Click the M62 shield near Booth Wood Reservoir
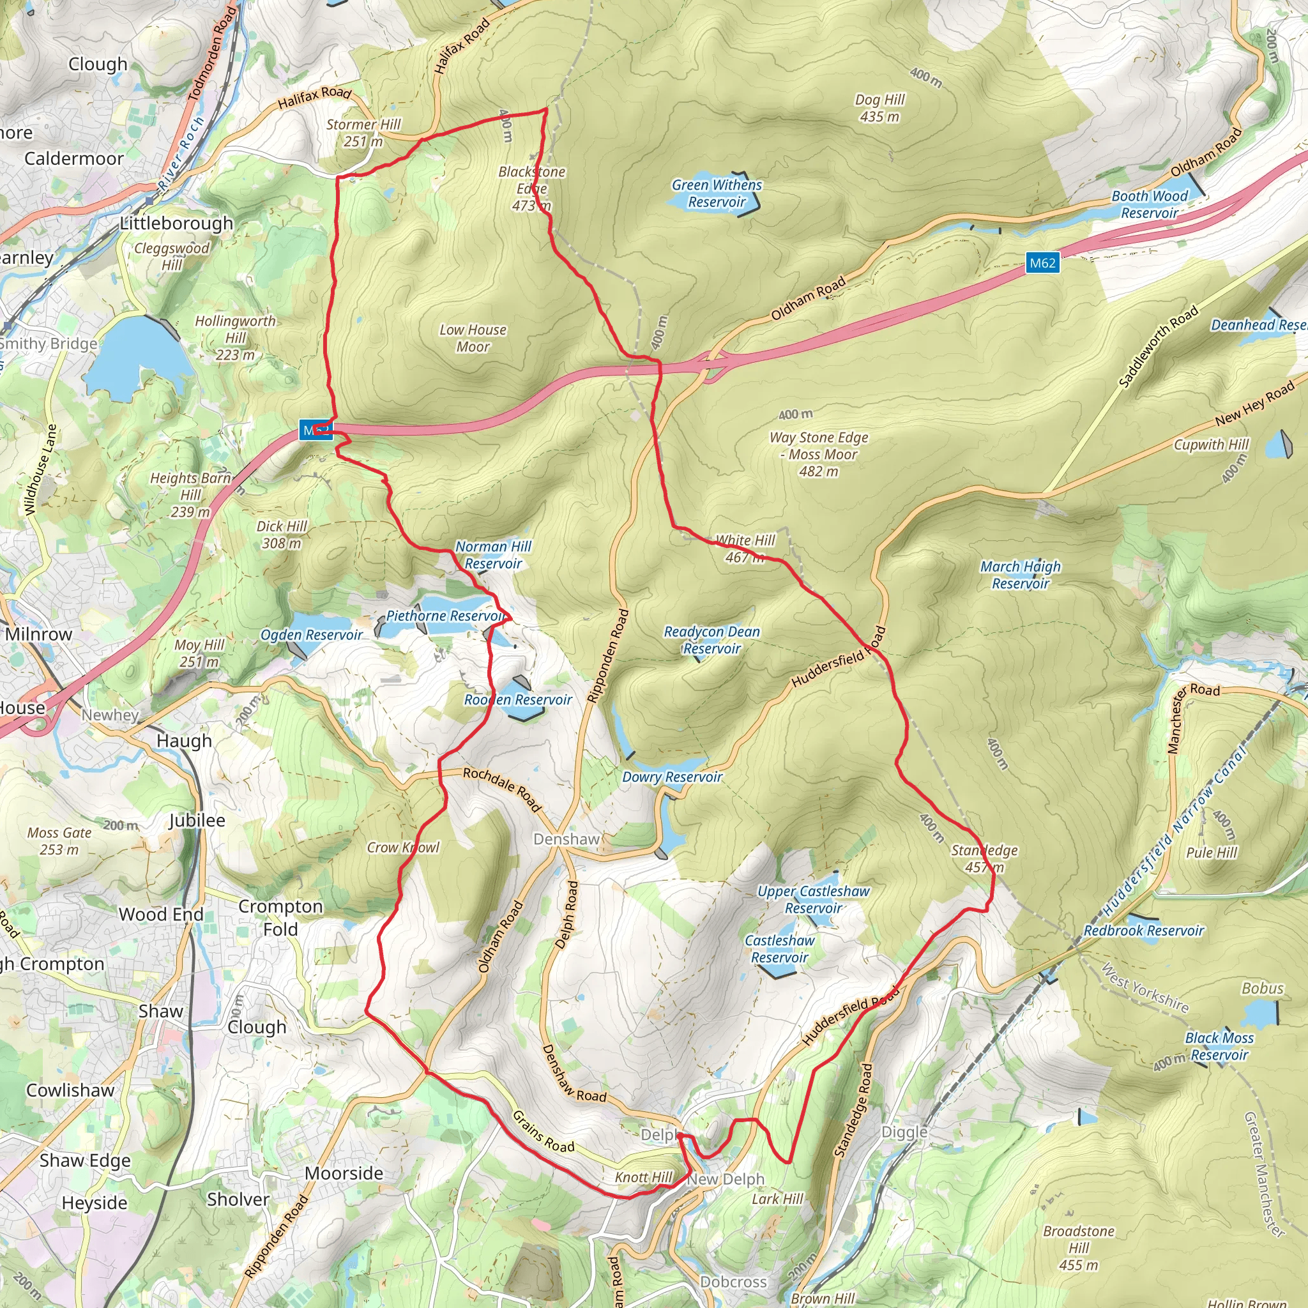click(1042, 262)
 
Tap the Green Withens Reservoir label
click(717, 194)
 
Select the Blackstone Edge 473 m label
click(531, 189)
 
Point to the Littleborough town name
click(176, 224)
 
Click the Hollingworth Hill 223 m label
click(235, 338)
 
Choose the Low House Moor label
click(473, 338)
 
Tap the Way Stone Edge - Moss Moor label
click(819, 454)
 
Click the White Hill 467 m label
click(745, 549)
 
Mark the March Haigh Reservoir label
click(1020, 575)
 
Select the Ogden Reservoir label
click(312, 635)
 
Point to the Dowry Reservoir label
click(673, 777)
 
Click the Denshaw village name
click(567, 839)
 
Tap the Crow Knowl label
click(403, 848)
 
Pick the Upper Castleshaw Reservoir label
click(813, 900)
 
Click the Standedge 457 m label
click(984, 858)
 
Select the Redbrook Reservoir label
click(1143, 931)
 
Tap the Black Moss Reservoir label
click(1219, 1046)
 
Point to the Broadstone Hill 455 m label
click(1079, 1248)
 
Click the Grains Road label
click(543, 1131)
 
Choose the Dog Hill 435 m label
click(879, 109)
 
